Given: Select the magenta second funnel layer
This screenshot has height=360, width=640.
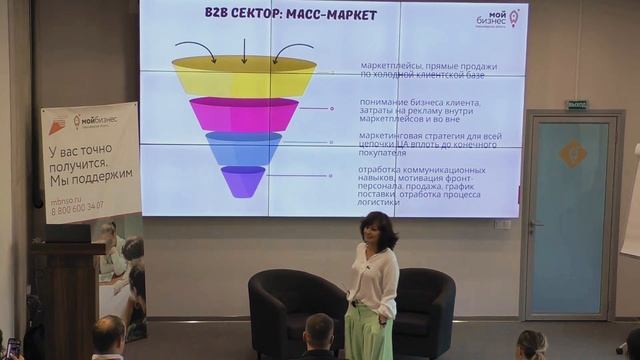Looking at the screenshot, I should click(x=243, y=114).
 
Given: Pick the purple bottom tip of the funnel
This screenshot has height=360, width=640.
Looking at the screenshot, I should click(x=243, y=181).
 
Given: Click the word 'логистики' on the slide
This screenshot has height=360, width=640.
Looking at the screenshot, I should click(x=381, y=202).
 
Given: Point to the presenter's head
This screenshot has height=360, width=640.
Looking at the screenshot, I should click(x=377, y=229).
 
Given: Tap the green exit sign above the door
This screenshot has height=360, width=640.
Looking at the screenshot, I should click(x=576, y=104).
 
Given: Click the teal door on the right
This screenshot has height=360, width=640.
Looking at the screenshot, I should click(x=569, y=215).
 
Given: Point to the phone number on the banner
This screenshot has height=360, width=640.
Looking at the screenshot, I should click(x=75, y=206).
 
